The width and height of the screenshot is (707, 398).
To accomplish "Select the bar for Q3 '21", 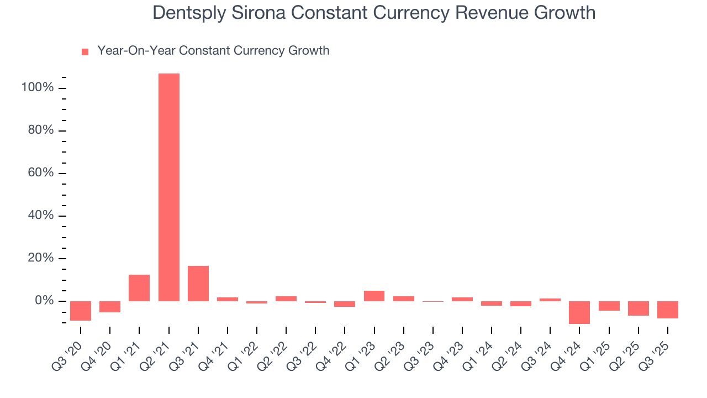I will [198, 284].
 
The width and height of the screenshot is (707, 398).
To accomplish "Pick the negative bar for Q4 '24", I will [579, 312].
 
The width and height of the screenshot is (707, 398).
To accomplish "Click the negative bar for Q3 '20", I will [81, 311].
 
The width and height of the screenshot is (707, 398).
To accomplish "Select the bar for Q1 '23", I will [374, 296].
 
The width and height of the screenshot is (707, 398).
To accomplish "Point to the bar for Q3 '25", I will [667, 310].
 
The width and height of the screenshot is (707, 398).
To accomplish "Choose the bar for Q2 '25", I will [638, 308].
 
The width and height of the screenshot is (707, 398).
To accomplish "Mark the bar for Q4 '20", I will [110, 307].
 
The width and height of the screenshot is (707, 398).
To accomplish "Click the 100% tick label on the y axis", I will [37, 88].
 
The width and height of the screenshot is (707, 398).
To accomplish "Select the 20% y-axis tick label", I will [40, 259].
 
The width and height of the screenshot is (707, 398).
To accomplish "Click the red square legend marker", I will [85, 52].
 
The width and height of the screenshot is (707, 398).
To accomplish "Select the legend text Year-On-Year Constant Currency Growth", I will [213, 51].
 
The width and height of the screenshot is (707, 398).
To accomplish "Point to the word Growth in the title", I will [563, 13].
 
